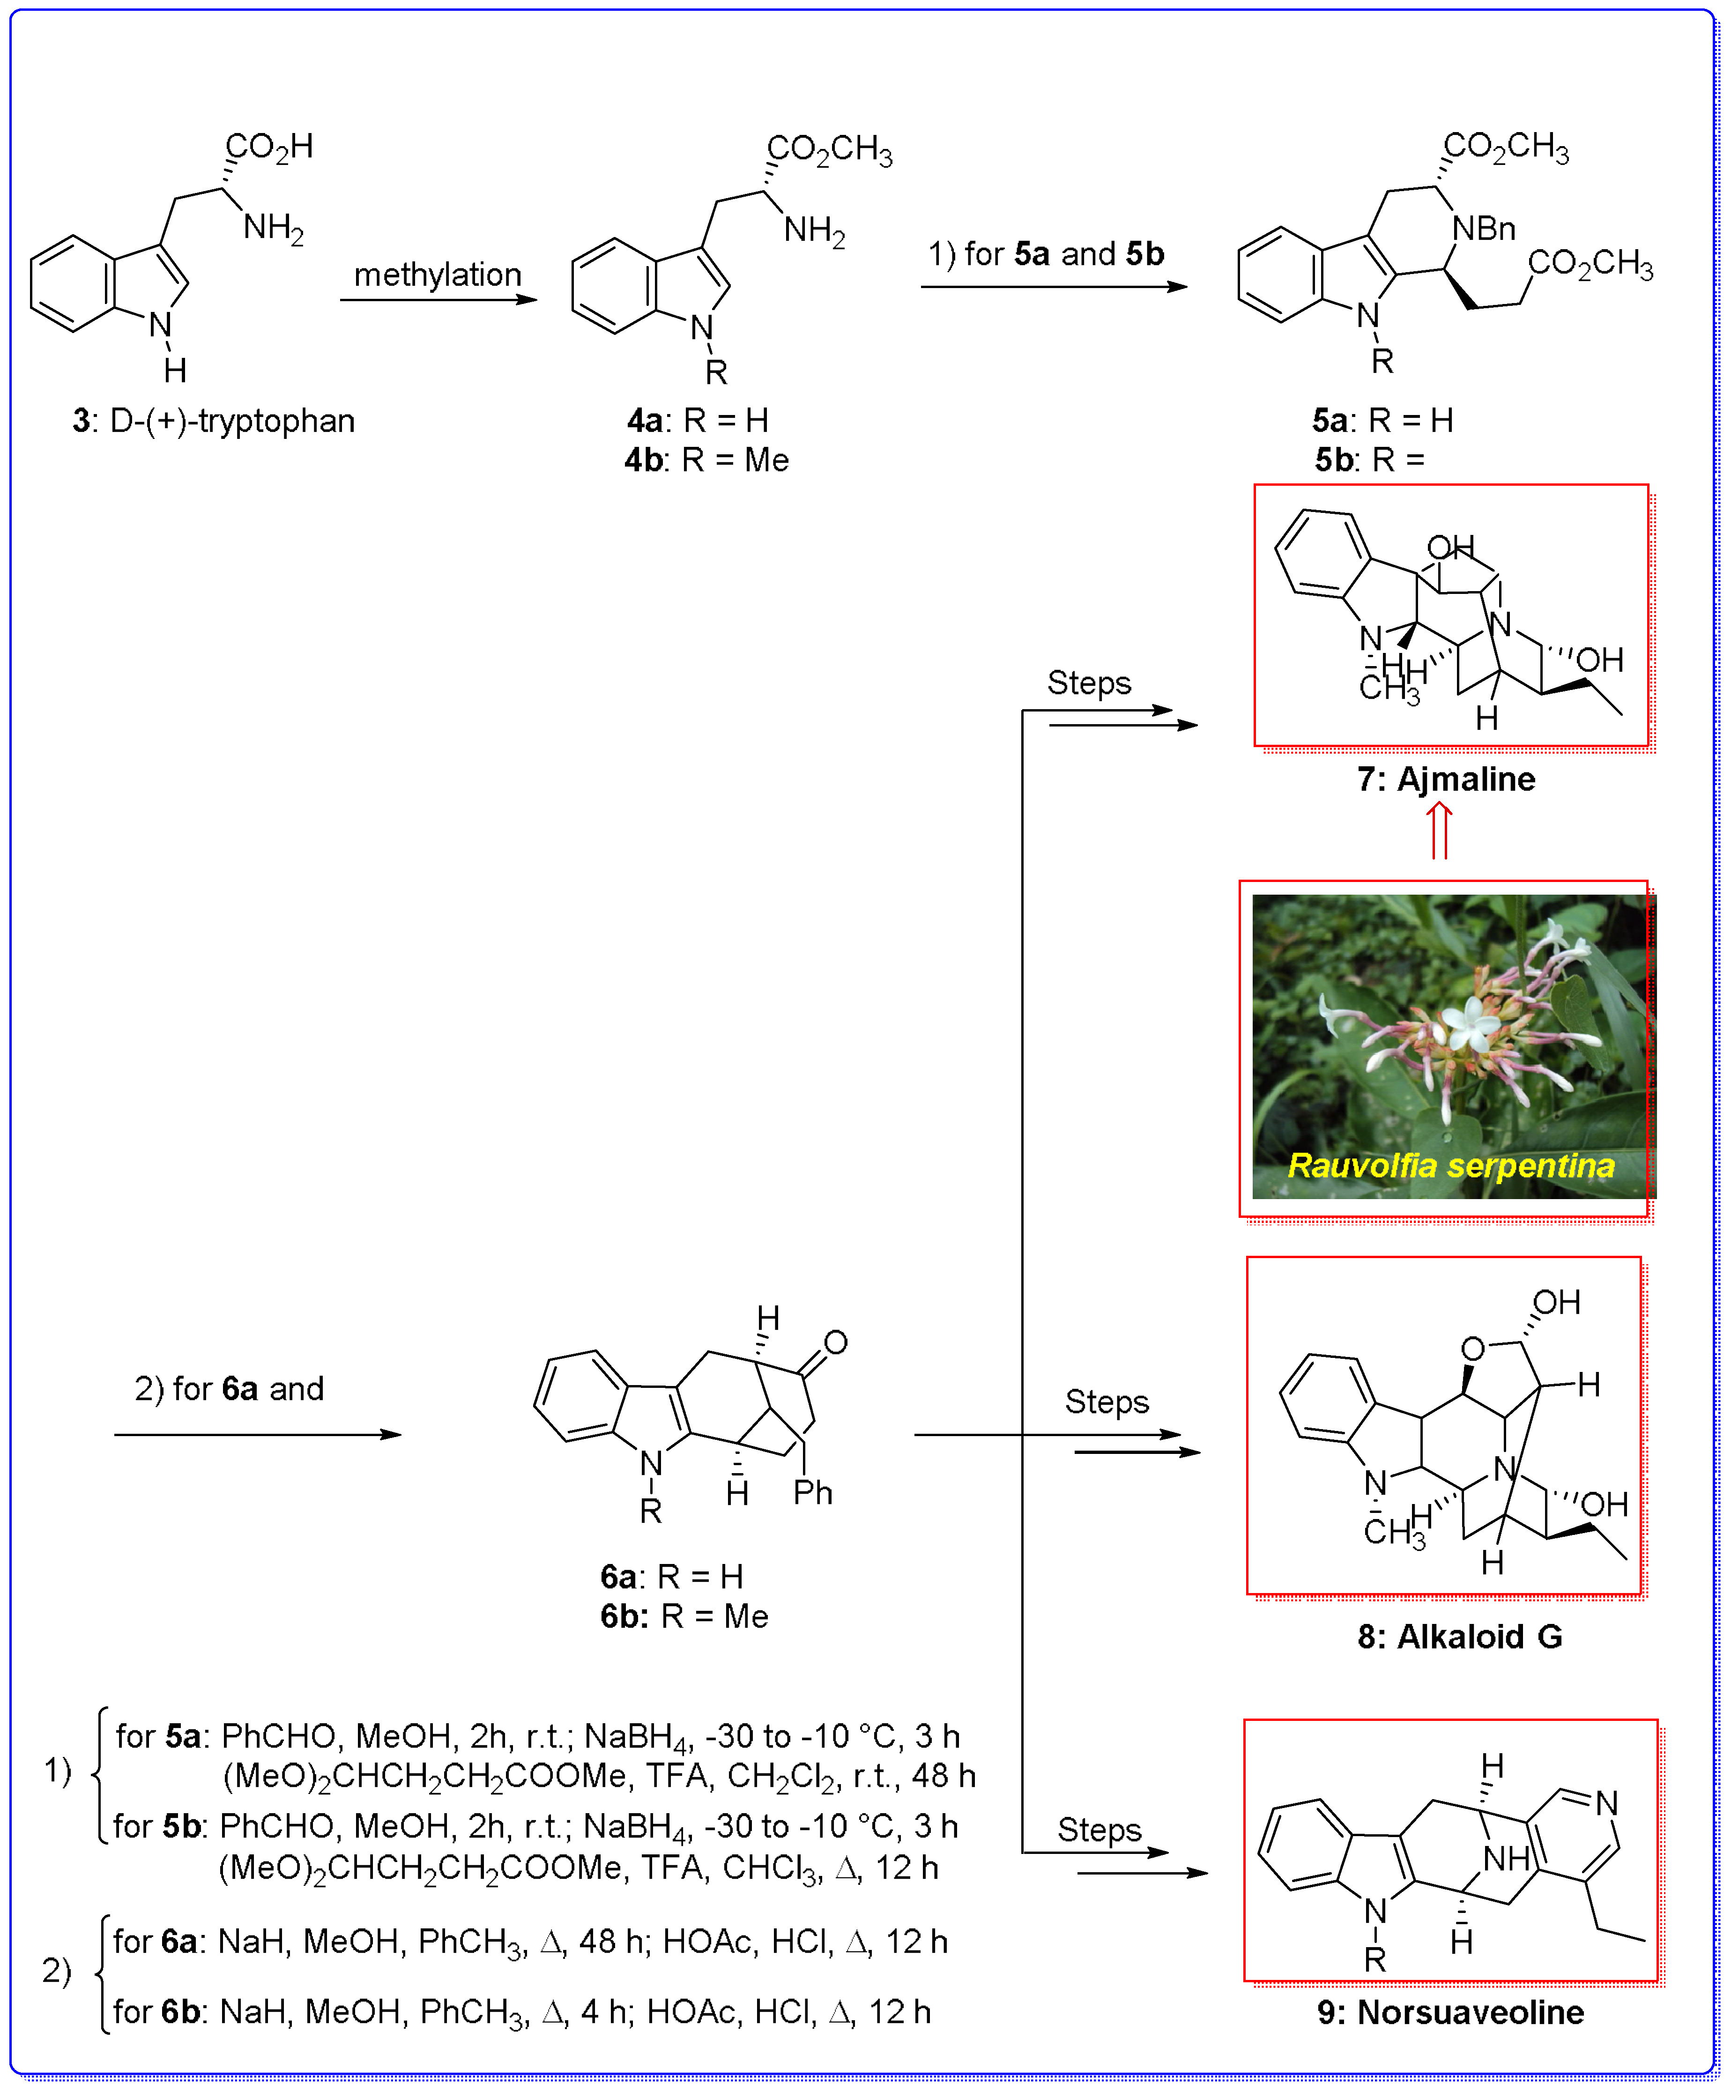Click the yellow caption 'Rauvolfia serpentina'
click(x=1450, y=1165)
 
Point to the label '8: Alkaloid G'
click(x=1459, y=1636)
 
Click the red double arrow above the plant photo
click(x=1439, y=831)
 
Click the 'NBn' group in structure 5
click(x=1483, y=229)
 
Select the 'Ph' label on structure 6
click(x=812, y=1493)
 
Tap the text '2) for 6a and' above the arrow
click(x=229, y=1388)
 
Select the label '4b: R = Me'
click(x=707, y=461)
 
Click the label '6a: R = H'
click(x=672, y=1577)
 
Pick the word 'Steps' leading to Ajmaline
click(x=1089, y=683)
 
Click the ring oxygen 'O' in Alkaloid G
click(x=1472, y=1349)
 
